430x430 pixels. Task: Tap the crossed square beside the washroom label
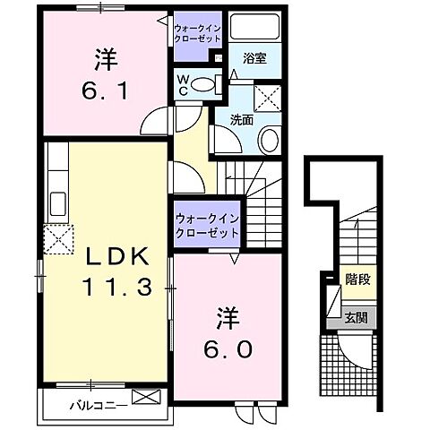(267, 95)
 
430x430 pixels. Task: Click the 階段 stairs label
(358, 280)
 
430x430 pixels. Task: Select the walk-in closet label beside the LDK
(207, 225)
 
